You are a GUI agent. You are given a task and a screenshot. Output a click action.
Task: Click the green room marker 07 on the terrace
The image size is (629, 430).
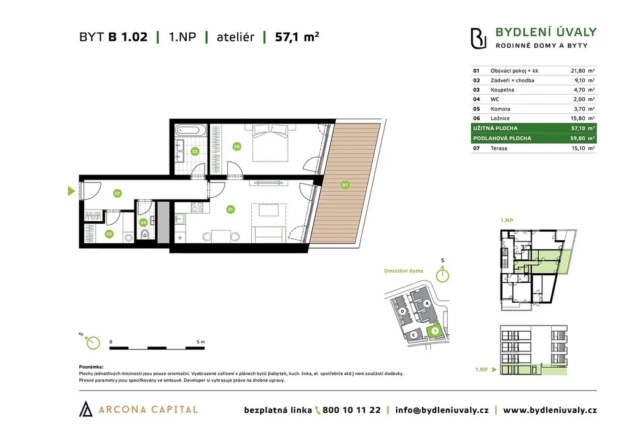click(345, 185)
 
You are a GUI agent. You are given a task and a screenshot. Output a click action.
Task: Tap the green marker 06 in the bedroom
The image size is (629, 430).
click(236, 146)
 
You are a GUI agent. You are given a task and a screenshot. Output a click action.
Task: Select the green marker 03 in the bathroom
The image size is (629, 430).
click(195, 151)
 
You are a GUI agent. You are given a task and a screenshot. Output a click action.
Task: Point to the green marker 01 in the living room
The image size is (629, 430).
click(230, 209)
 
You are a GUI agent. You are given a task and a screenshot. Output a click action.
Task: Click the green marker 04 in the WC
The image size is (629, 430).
click(143, 222)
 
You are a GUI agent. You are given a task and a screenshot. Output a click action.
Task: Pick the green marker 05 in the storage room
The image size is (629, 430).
click(109, 234)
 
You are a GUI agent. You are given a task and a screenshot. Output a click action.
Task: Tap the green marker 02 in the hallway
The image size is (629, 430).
click(117, 193)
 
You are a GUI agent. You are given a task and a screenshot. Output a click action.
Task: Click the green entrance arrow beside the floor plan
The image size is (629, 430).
click(71, 191)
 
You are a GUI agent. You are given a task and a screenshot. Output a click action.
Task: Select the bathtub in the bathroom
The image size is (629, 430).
click(191, 130)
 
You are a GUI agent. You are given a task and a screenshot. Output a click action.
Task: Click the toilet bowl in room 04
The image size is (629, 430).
click(145, 234)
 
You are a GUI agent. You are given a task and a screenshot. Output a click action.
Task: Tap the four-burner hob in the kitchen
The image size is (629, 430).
click(197, 207)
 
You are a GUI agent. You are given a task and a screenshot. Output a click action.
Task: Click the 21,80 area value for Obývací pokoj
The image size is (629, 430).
click(577, 71)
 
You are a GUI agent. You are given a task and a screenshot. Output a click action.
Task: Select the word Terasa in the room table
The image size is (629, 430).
click(499, 148)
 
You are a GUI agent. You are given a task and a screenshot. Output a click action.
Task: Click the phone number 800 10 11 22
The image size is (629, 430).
click(351, 410)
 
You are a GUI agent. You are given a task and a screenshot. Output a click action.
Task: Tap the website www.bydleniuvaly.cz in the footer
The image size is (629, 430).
click(550, 410)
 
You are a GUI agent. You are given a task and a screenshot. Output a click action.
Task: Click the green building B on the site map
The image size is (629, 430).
click(434, 331)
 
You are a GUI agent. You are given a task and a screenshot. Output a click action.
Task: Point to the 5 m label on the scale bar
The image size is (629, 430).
click(201, 342)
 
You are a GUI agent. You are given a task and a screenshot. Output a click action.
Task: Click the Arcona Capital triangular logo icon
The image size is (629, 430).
click(85, 408)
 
